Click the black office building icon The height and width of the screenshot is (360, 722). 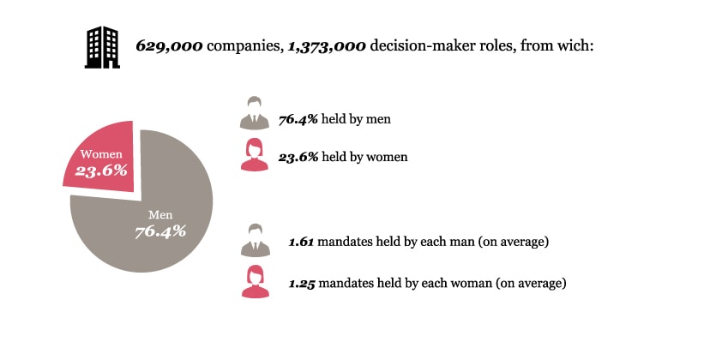click(x=102, y=46)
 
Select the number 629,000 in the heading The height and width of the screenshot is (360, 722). click(x=170, y=45)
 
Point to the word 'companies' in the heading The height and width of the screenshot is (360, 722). click(x=240, y=45)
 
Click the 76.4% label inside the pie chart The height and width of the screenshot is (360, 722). click(x=160, y=231)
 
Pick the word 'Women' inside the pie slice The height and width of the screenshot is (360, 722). click(x=102, y=154)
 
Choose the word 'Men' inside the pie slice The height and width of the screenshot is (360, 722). click(x=160, y=214)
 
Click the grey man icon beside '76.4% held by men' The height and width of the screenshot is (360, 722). click(x=254, y=113)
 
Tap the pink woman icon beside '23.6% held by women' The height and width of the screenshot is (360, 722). click(x=254, y=153)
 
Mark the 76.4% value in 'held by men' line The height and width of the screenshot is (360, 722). click(x=298, y=118)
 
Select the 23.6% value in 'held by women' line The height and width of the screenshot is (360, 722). click(x=298, y=157)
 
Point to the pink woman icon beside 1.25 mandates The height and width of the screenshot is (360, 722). click(x=254, y=280)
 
